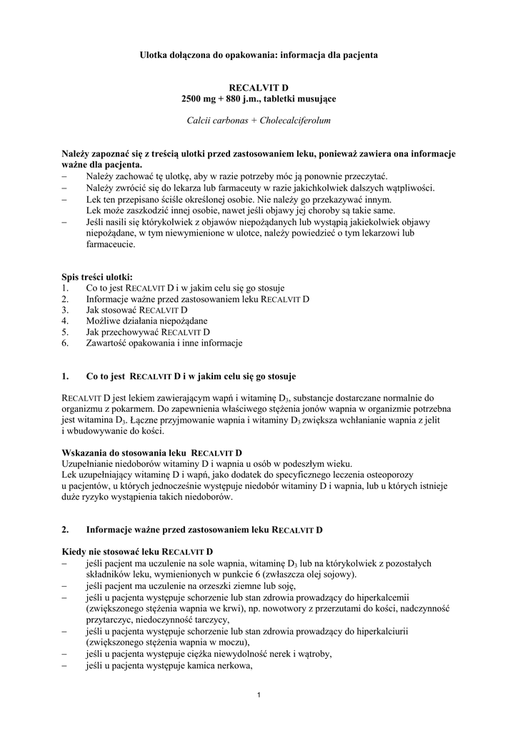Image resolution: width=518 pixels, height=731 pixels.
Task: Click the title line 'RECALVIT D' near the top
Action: [x=259, y=86]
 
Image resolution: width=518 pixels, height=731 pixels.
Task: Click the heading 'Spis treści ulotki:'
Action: [x=96, y=277]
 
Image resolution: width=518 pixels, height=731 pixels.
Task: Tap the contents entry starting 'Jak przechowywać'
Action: [x=147, y=332]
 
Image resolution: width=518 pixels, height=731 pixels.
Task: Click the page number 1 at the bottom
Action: [x=259, y=696]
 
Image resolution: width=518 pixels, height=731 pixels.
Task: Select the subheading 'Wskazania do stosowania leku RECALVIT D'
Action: [x=152, y=453]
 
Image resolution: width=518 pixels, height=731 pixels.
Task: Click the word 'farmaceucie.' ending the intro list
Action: [x=110, y=243]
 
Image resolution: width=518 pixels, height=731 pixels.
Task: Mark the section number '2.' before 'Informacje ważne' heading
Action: [x=65, y=530]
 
